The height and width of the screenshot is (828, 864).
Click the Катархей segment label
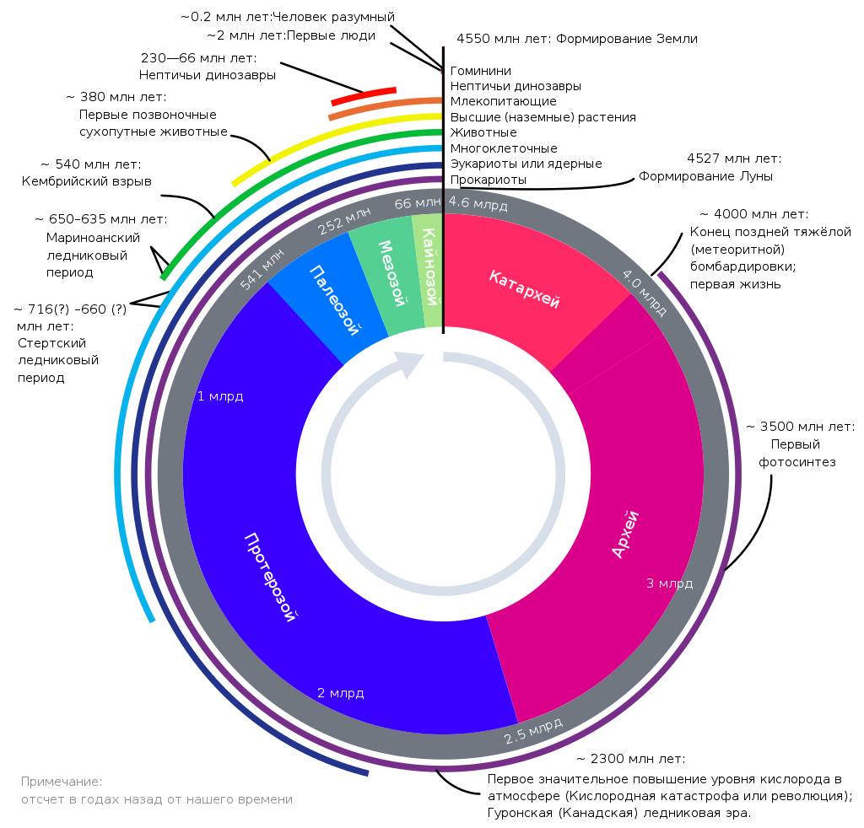[x=524, y=289]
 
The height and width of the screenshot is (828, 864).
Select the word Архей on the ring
[x=625, y=534]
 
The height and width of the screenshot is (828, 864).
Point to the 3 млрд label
[x=669, y=583]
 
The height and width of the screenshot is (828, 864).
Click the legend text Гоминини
[x=481, y=71]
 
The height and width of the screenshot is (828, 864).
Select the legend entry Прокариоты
[x=489, y=179]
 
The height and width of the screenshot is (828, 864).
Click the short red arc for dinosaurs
[x=364, y=95]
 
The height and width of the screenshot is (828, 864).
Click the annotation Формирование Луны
[x=705, y=176]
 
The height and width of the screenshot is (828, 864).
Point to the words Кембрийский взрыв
[x=87, y=181]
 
